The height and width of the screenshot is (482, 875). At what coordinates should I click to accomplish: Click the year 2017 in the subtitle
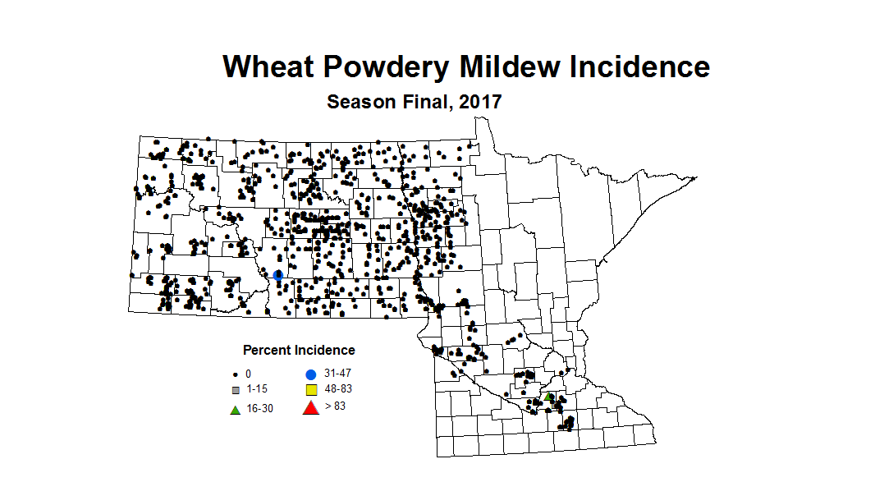tap(480, 103)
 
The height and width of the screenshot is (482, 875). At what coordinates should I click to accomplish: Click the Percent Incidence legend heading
tap(299, 351)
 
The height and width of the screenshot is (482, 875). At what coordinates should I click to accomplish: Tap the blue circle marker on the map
tap(278, 276)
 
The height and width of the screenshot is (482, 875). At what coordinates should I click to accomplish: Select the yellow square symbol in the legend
tap(310, 389)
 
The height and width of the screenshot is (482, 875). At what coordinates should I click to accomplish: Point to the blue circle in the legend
tap(310, 374)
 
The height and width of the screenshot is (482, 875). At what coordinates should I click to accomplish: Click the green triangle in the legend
tap(235, 409)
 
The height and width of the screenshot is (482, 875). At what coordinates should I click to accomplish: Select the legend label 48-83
tap(338, 388)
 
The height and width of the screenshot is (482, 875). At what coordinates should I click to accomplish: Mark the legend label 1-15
tap(256, 388)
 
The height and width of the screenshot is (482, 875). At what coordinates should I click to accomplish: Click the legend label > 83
tap(335, 405)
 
